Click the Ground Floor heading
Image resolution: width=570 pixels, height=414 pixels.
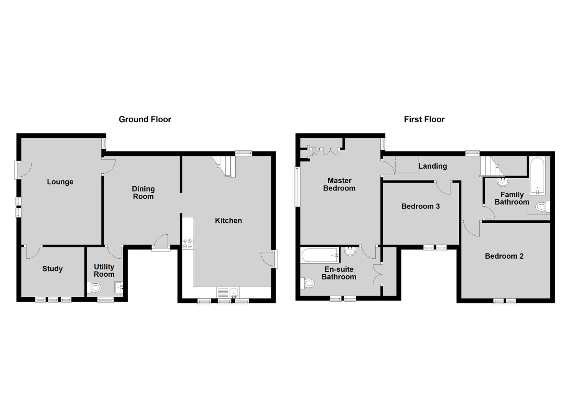tap(145, 119)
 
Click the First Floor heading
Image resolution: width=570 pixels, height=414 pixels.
tap(424, 119)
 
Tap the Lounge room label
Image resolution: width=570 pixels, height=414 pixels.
tap(60, 182)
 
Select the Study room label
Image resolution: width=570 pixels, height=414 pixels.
tap(52, 269)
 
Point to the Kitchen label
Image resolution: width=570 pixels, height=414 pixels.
tap(228, 220)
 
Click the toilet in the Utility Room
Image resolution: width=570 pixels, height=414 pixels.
tap(95, 287)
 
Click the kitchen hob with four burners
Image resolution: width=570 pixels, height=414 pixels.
tap(188, 243)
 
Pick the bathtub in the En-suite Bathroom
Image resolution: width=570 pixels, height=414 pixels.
tap(320, 255)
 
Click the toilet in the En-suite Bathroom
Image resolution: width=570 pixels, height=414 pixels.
tap(308, 283)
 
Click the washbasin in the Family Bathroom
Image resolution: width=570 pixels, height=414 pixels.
tap(501, 181)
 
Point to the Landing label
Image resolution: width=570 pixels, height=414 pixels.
tap(433, 166)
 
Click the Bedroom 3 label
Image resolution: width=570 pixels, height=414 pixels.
tap(420, 206)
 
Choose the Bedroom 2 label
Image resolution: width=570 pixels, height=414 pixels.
tap(504, 256)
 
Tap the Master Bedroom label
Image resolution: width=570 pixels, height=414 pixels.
tap(339, 184)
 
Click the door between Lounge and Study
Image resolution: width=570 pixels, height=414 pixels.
tap(33, 251)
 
